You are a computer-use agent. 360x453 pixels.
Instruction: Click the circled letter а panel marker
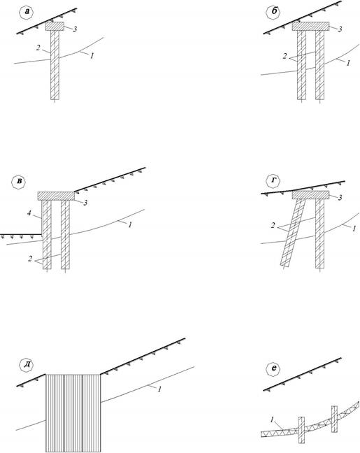[x=27, y=13]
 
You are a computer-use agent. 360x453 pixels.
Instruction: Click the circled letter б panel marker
[x=273, y=13]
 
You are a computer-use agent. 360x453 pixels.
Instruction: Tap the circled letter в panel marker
[x=18, y=182]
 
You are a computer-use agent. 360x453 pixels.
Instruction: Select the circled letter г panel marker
[x=273, y=182]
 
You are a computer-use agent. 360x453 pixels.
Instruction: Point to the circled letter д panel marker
[x=27, y=365]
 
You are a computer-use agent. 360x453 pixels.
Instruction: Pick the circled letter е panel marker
[x=273, y=368]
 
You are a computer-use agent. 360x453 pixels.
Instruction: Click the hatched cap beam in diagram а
[x=55, y=27]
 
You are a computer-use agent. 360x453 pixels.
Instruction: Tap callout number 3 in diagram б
[x=340, y=29]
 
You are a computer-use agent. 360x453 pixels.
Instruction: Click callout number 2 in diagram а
[x=38, y=48]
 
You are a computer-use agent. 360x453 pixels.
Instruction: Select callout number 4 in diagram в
[x=29, y=213]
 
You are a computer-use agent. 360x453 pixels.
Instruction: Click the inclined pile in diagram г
[x=293, y=233]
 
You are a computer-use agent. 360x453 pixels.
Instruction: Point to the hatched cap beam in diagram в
[x=56, y=196]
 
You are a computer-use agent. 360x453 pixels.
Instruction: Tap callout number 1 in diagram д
[x=159, y=389]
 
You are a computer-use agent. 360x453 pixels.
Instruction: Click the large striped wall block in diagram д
[x=73, y=413]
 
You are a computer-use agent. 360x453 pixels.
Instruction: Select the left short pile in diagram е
[x=301, y=430]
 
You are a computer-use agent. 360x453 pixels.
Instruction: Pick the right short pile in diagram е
[x=334, y=419]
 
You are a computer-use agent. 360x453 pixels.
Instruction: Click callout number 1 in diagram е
[x=272, y=419]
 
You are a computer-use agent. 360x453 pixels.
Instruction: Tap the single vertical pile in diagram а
[x=55, y=65]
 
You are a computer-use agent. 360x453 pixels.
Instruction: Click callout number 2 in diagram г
[x=273, y=226]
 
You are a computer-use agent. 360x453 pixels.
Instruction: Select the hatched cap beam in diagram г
[x=310, y=195]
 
